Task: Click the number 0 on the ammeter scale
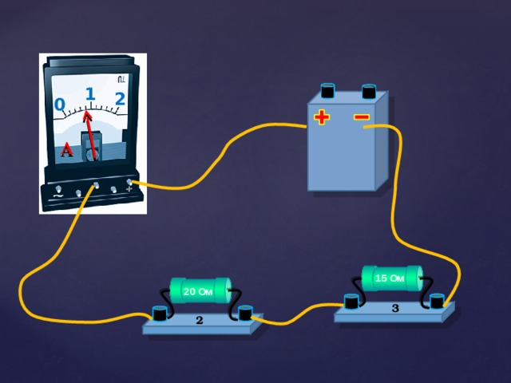tap(60, 105)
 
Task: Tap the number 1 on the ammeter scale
tap(90, 94)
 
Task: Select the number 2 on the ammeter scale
tap(121, 98)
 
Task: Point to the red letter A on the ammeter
tap(67, 149)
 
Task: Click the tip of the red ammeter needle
tap(87, 112)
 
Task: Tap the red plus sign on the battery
tap(322, 117)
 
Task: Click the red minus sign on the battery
tap(362, 117)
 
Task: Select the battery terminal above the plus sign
tap(328, 90)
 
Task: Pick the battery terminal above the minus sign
tap(369, 91)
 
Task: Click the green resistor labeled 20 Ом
tap(200, 290)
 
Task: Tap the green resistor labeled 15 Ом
tap(392, 278)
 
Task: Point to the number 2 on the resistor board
tap(199, 320)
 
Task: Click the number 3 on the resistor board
tap(395, 308)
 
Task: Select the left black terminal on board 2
tap(160, 313)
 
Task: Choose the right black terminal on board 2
tap(245, 313)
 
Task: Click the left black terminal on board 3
tap(351, 301)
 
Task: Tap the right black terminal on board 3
tap(437, 301)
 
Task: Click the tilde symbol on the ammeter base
tap(57, 196)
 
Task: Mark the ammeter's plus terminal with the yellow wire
tap(129, 183)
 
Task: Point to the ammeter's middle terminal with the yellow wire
tap(96, 185)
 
